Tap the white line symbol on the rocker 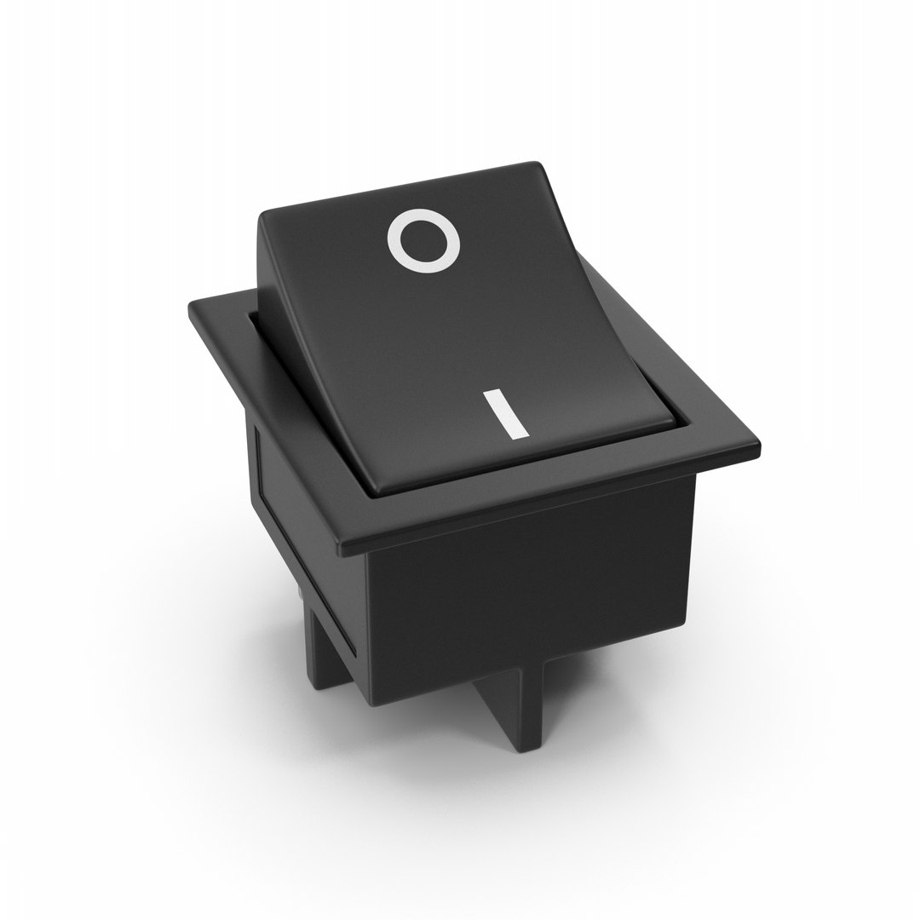point(503,415)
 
